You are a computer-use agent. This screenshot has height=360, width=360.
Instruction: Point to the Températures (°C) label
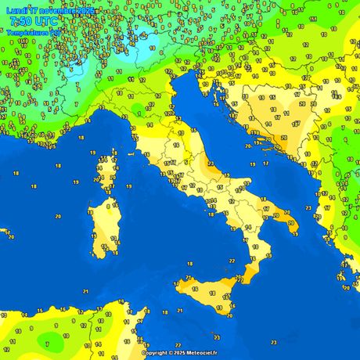[x=31, y=33]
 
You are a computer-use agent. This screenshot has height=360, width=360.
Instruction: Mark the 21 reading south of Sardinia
[x=85, y=291]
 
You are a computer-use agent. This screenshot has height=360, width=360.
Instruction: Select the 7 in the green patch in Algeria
[x=47, y=342]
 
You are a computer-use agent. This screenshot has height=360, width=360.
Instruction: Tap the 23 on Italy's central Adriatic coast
[x=211, y=162]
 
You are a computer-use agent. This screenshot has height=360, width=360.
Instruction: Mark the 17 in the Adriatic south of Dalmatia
[x=265, y=164]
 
